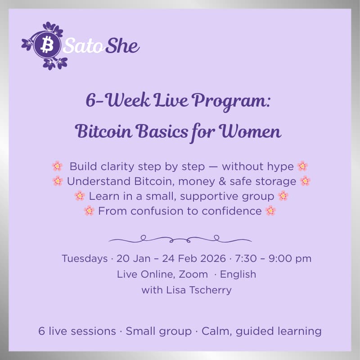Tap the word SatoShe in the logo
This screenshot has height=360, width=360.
tap(102, 45)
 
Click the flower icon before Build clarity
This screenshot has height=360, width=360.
tap(57, 166)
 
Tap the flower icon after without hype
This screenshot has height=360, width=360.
tap(302, 166)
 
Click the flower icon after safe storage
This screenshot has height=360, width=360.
tap(305, 181)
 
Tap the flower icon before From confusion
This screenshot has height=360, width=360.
tap(89, 211)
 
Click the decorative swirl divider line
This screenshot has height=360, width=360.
tap(180, 238)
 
